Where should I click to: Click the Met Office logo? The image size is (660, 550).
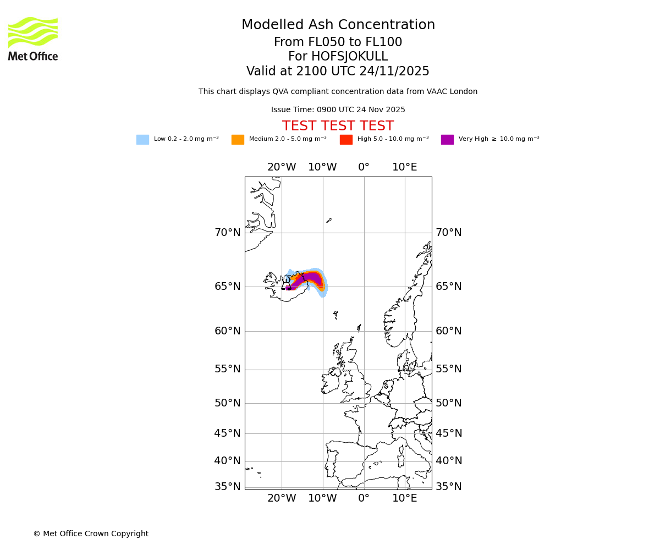pos(33,38)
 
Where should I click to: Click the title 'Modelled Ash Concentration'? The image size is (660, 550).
pos(338,25)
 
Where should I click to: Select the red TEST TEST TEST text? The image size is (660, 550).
pos(338,127)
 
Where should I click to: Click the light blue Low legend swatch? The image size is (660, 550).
pos(142,140)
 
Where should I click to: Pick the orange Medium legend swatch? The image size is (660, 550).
pos(238,140)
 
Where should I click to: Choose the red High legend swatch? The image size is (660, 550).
pos(346,140)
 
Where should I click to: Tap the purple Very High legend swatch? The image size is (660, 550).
pos(447,140)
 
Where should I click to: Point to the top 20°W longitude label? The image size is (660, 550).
pos(282,167)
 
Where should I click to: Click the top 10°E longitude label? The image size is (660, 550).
pos(404,167)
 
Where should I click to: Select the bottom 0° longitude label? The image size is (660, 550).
pos(364,498)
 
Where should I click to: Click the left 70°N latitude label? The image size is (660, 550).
pos(227,233)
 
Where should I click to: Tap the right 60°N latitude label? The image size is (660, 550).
pos(449,331)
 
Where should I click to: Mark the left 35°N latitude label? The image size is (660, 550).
pos(227,487)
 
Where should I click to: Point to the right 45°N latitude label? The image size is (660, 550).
pos(449,433)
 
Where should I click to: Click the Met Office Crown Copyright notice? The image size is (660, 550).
pos(91,533)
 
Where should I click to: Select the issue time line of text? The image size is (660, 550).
pos(338,110)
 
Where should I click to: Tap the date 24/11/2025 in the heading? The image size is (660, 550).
pos(394,71)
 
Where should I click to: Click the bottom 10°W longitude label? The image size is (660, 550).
pos(322,498)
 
